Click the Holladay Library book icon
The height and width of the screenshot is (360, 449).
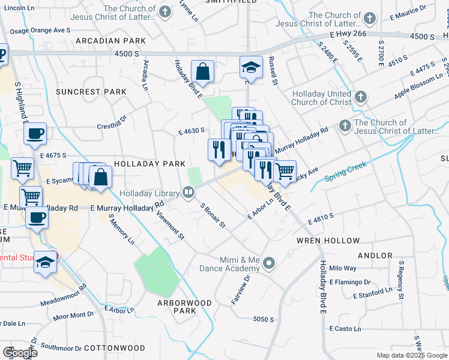coord(188,193)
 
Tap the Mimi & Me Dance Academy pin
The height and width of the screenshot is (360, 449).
coord(270,262)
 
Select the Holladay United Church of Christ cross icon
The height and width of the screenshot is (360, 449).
coord(360,97)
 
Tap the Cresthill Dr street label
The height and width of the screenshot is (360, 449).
coord(113,127)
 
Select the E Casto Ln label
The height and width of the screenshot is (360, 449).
coord(345,329)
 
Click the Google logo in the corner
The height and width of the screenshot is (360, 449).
coord(20,353)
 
